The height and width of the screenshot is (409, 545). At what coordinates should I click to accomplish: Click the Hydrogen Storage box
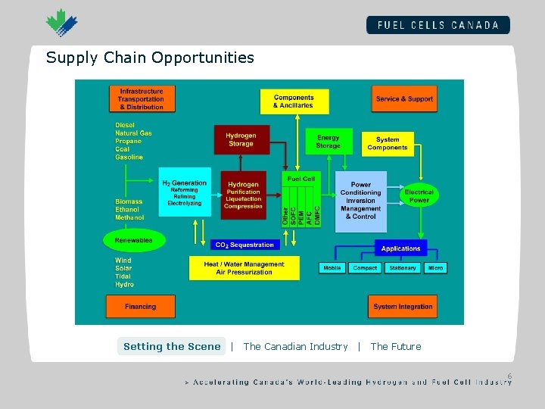pos(241,140)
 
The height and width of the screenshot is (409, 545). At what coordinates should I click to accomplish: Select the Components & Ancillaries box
pos(294,101)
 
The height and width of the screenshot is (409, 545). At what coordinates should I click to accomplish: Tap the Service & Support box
pos(404,99)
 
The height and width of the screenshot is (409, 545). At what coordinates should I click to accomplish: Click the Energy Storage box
pos(329,142)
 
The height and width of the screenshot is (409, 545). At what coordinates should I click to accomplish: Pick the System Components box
pos(388,143)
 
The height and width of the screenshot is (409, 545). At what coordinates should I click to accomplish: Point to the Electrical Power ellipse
pos(419,195)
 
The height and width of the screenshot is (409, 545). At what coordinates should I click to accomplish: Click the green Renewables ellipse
pos(133,240)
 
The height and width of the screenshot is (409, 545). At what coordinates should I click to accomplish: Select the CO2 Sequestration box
pos(244,245)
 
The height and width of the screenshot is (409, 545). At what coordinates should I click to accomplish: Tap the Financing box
pos(140,307)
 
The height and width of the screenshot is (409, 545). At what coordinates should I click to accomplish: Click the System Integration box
pos(403,307)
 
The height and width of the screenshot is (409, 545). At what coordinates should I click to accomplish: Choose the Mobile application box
pos(332,268)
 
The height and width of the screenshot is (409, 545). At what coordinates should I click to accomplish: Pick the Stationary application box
pos(402,268)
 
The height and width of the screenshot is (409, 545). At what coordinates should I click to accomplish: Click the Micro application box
pos(435,268)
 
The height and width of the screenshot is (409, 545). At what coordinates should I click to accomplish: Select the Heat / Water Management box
pos(244,268)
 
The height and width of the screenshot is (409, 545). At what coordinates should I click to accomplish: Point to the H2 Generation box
pos(184,193)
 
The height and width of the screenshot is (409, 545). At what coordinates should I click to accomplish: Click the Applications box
pos(401,248)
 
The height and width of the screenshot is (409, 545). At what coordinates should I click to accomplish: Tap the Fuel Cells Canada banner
pos(438,25)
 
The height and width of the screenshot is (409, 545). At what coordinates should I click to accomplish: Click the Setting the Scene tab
pos(172,346)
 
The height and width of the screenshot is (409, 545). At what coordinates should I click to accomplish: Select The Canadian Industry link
pos(295,346)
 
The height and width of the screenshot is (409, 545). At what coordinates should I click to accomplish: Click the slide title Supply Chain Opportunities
pos(150,58)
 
